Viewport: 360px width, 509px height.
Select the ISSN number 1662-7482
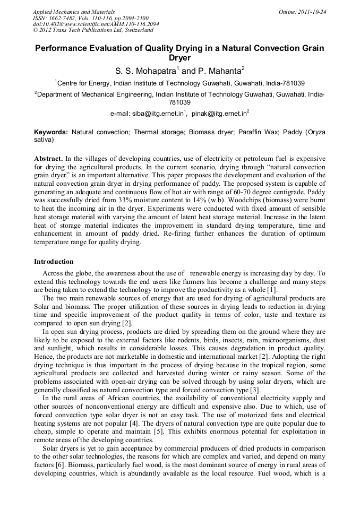(x=63, y=18)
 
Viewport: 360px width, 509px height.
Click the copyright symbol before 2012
(x=35, y=31)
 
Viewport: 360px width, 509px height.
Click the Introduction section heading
(x=54, y=262)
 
